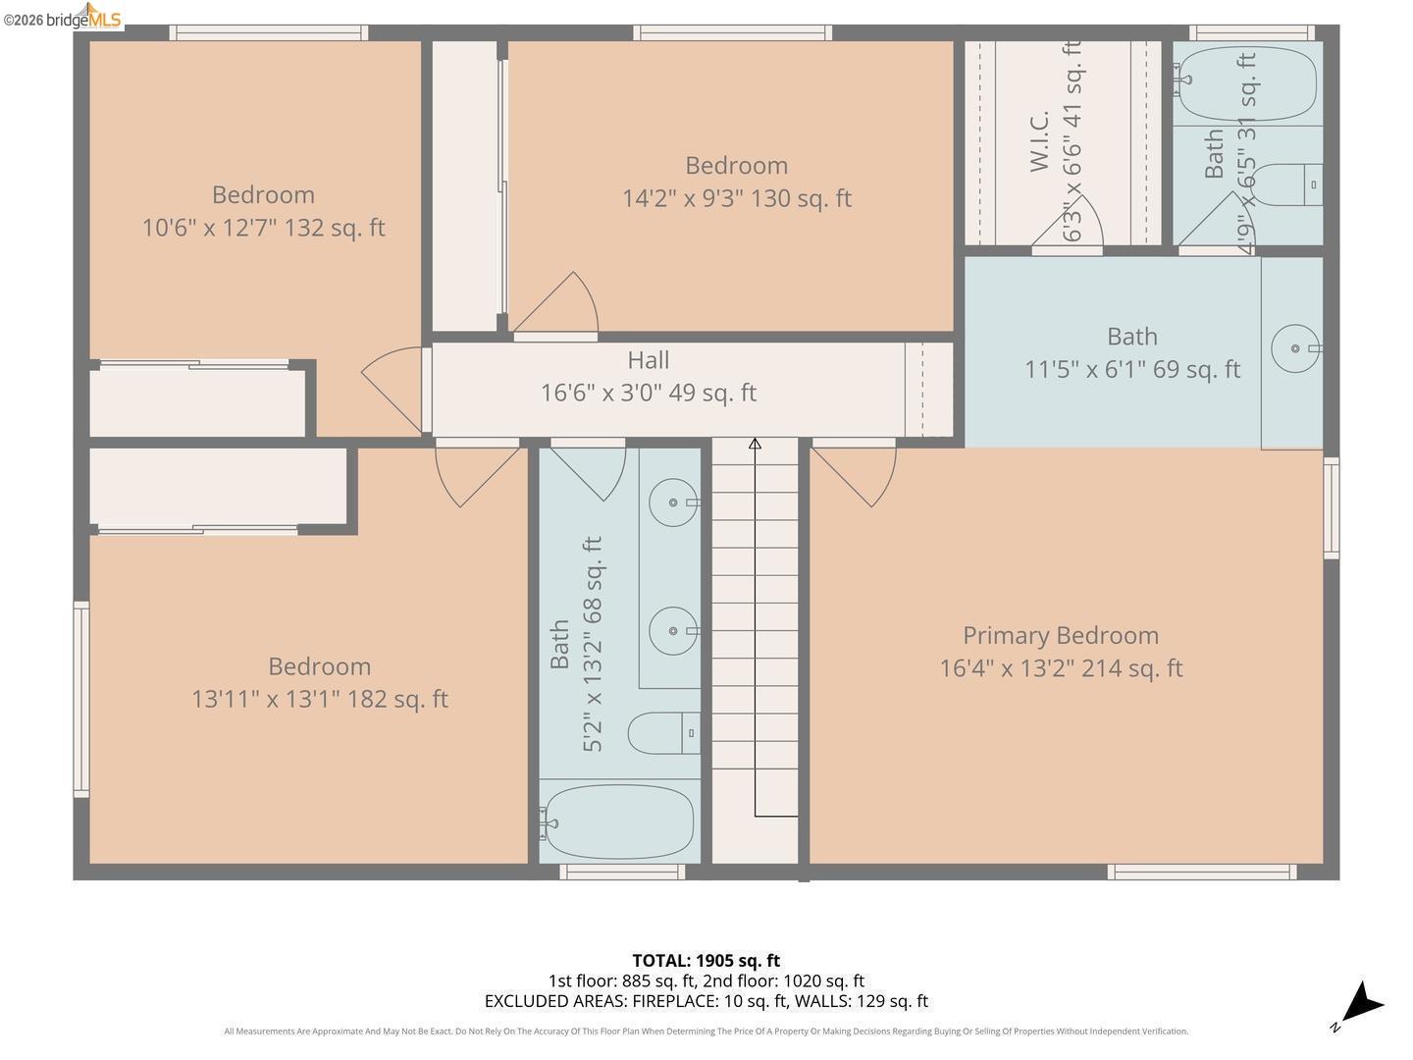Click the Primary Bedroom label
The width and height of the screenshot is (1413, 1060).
(x=1060, y=635)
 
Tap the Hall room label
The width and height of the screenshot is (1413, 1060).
(x=649, y=360)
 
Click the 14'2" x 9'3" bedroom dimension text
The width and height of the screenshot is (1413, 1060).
(x=736, y=198)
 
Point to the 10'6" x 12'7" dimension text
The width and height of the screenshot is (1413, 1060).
(x=263, y=228)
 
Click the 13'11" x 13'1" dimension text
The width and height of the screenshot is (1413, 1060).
(x=319, y=699)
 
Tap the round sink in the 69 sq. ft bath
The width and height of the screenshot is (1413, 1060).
(x=1295, y=348)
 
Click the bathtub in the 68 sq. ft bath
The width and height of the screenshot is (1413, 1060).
(x=618, y=822)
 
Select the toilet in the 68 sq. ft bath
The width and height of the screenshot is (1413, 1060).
(x=662, y=733)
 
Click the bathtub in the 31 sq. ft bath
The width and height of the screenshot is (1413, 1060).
(x=1246, y=84)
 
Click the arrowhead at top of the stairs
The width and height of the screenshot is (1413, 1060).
(x=755, y=445)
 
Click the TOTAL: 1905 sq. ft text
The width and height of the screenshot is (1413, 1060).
(x=706, y=960)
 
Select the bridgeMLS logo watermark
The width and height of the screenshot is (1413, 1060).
(x=63, y=18)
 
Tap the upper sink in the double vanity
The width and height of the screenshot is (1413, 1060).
(x=673, y=503)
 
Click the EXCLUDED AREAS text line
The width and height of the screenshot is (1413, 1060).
(x=706, y=1001)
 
